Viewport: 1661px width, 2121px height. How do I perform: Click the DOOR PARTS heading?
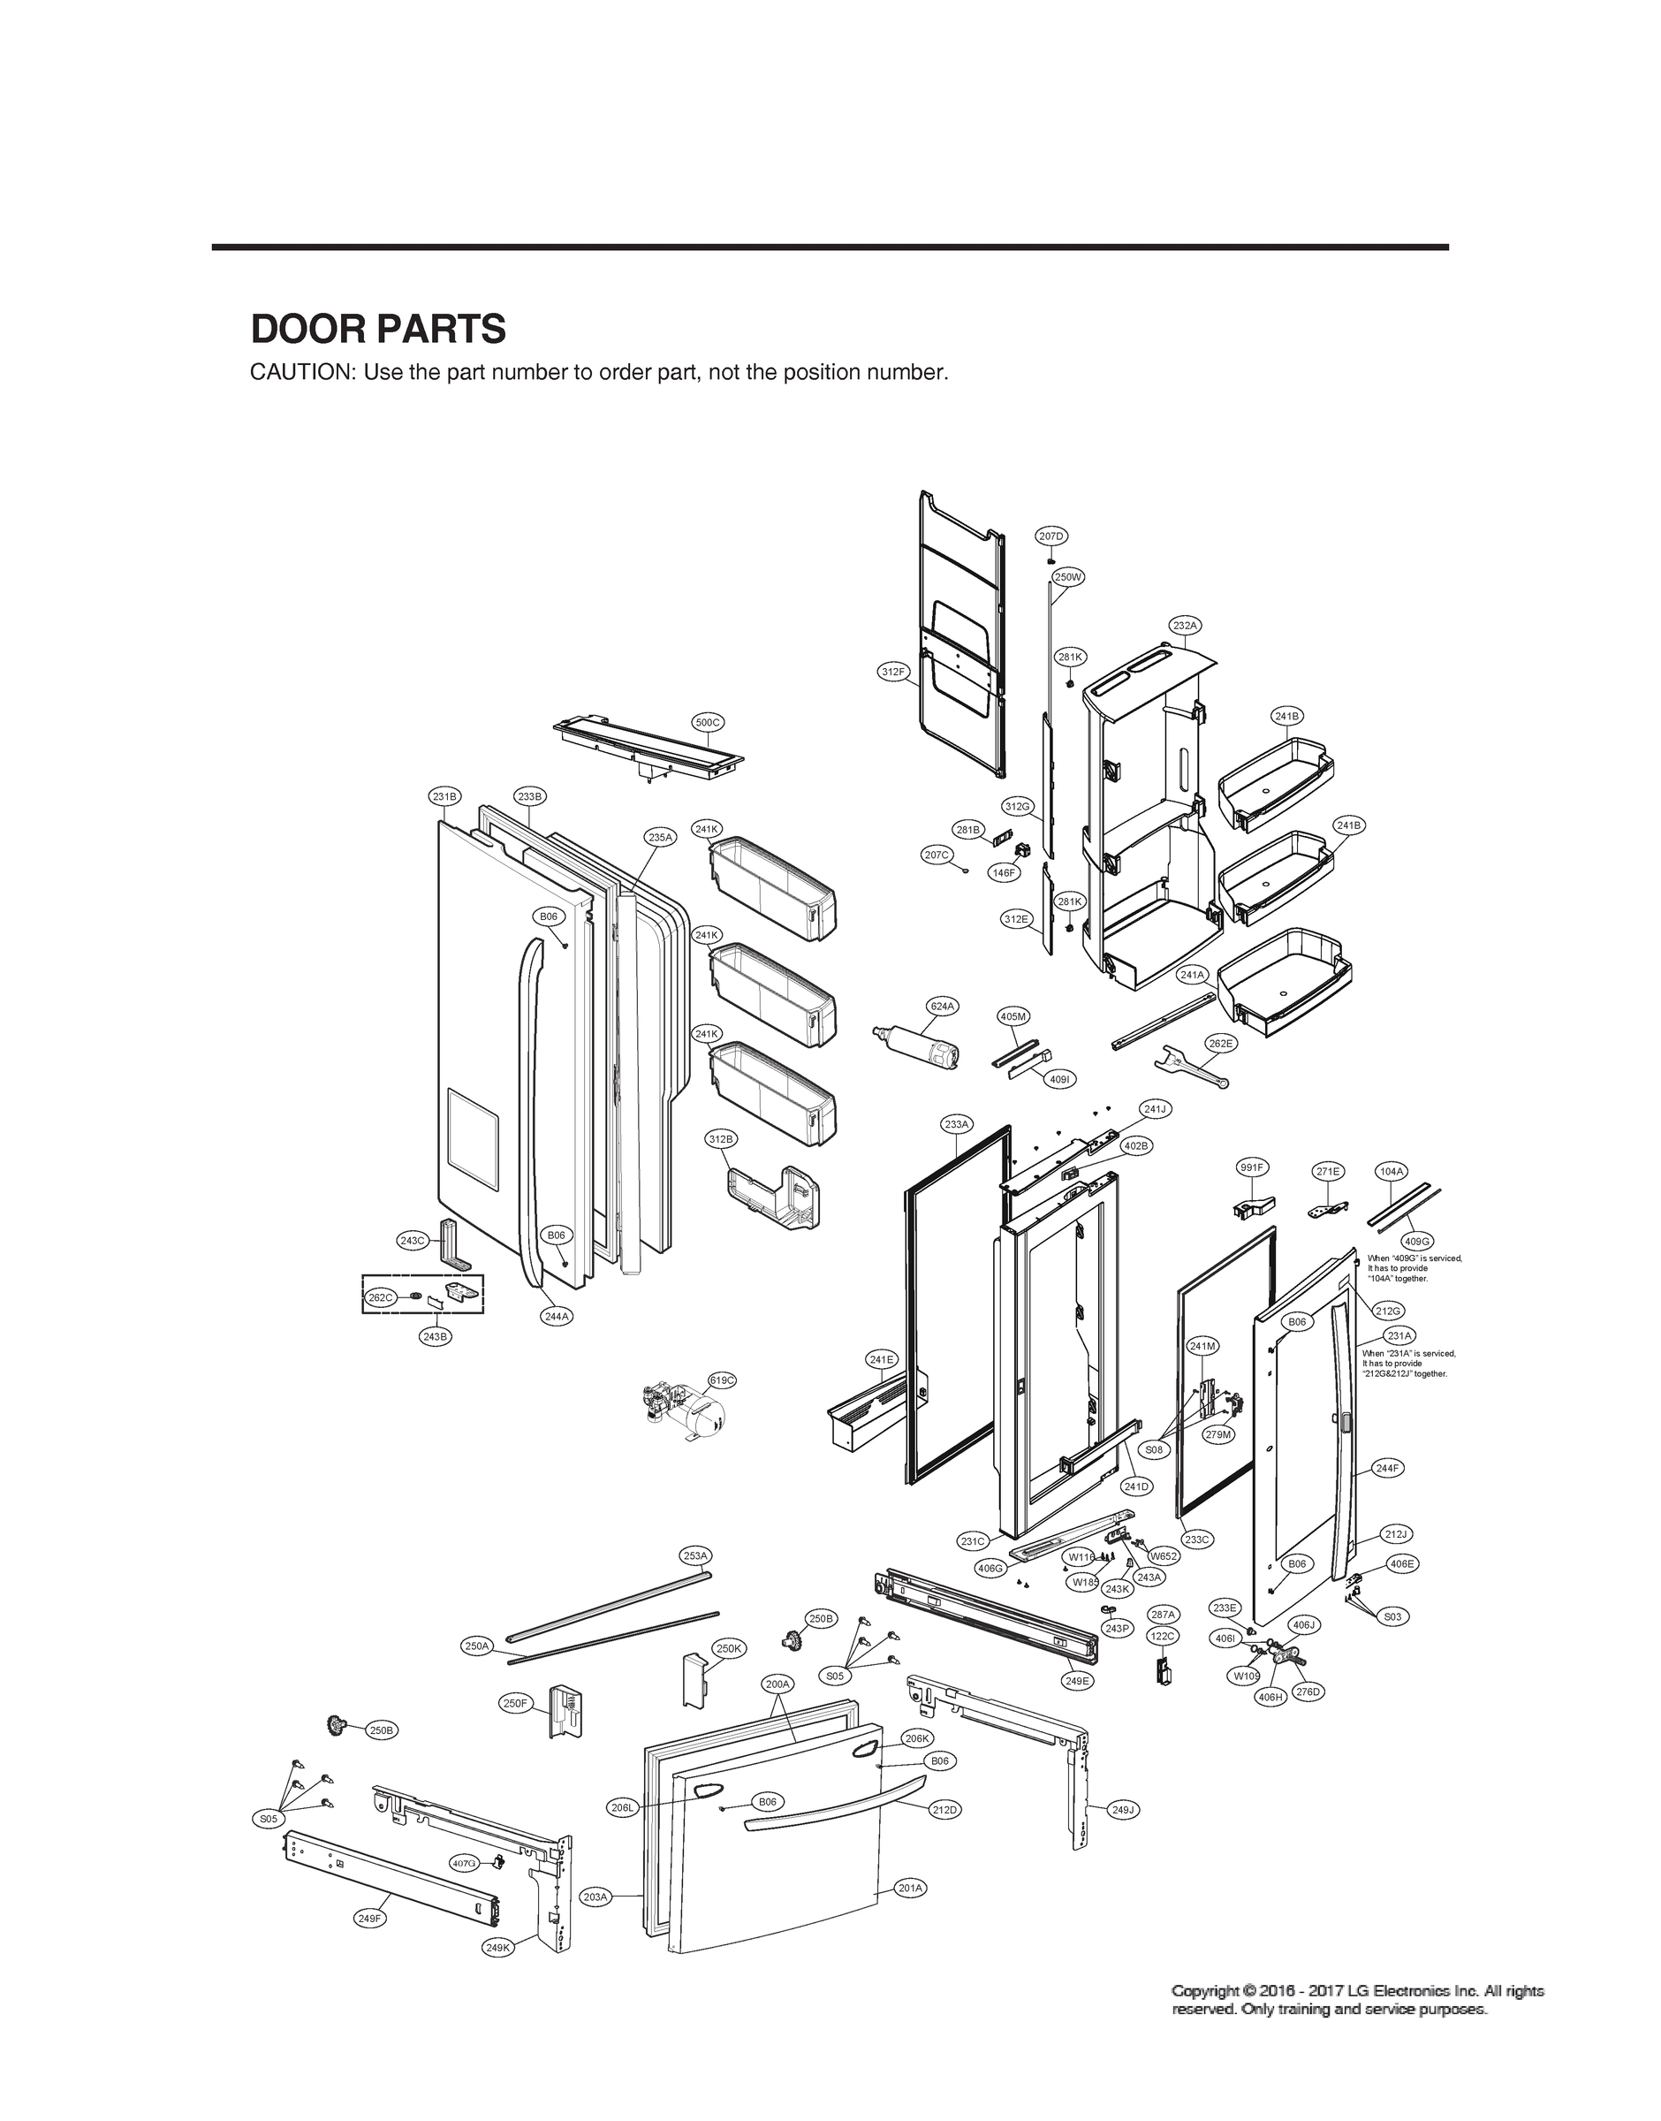378,330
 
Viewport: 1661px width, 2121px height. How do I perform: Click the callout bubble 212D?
944,1810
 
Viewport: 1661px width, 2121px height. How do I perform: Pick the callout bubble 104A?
1392,1172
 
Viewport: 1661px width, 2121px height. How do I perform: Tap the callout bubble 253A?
695,1556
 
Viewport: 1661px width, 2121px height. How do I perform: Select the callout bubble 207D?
1051,536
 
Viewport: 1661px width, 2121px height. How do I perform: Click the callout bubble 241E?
882,1358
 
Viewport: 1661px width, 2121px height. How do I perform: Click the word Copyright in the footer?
1210,1989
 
